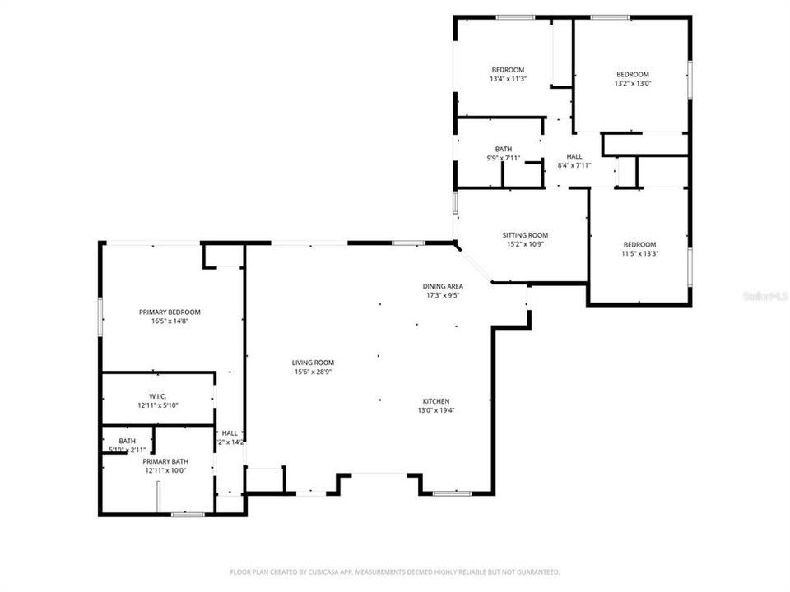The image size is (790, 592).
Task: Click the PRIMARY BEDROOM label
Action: pyautogui.click(x=170, y=312)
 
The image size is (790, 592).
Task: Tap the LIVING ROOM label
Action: pyautogui.click(x=313, y=362)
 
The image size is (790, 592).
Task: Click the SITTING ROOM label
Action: pyautogui.click(x=525, y=235)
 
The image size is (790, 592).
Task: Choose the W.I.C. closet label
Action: pyautogui.click(x=158, y=395)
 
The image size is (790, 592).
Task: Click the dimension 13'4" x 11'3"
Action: pyautogui.click(x=508, y=79)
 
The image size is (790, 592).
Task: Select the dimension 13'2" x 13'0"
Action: pyautogui.click(x=632, y=83)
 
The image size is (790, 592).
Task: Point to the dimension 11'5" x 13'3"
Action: pyautogui.click(x=639, y=253)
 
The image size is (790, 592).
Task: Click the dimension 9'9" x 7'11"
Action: pyautogui.click(x=504, y=158)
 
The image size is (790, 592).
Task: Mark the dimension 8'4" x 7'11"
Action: pyautogui.click(x=574, y=165)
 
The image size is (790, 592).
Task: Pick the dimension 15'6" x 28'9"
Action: pyautogui.click(x=313, y=371)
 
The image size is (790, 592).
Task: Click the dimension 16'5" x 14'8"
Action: pyautogui.click(x=170, y=321)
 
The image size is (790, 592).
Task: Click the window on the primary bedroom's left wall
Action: pyautogui.click(x=100, y=317)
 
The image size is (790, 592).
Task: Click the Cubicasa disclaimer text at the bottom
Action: pyautogui.click(x=395, y=571)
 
